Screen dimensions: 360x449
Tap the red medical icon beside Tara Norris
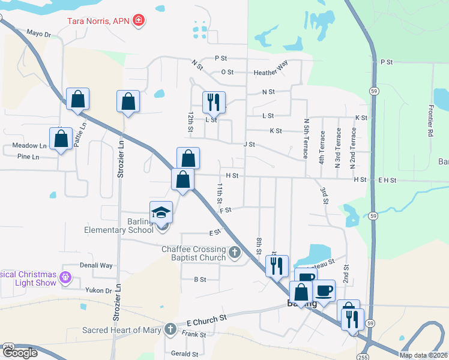139,21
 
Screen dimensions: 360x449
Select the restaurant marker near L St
214,103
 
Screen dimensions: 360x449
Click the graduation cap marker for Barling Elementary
161,213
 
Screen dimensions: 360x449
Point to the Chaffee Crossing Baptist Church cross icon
235,253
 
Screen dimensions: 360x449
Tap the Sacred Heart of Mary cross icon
170,329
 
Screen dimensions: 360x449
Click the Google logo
19,353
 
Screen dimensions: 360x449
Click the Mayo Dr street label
39,34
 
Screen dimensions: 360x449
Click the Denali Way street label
96,265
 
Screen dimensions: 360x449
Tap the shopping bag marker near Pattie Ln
78,99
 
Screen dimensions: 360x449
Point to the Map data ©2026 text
423,355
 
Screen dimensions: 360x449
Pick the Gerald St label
184,353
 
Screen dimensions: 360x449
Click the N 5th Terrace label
306,139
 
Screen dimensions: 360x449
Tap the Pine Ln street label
28,157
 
